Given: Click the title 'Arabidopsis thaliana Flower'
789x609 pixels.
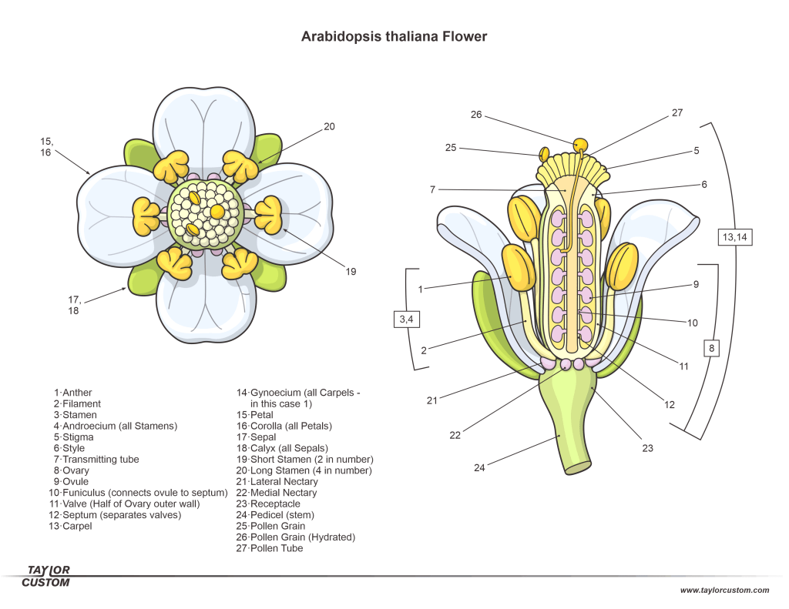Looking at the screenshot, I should pos(394,36).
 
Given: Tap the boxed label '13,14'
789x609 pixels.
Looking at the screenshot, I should pos(734,237).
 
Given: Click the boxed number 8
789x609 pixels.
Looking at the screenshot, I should pos(711,349).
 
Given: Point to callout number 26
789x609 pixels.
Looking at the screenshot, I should pos(476,115).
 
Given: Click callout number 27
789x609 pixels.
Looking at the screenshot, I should pos(677,112).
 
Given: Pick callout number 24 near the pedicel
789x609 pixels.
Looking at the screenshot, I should pos(480,467).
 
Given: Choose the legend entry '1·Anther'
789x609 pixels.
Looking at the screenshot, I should pos(73,393).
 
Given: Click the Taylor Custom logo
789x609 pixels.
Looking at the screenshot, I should pos(49,576).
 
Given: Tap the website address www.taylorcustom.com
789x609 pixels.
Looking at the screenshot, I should pos(724,591).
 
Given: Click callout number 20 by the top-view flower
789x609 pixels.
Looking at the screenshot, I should pos(329,126).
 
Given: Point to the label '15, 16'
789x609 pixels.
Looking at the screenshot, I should pos(46,146).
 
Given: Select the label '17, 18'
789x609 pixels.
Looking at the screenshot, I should pos(74,305).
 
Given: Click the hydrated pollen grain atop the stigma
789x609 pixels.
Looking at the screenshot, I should pos(580,144).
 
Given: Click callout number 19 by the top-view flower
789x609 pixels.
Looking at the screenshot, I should pos(351,271).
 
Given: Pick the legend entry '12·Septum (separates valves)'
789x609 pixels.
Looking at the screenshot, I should pos(116,515).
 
